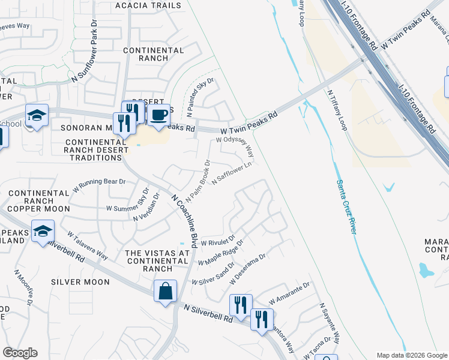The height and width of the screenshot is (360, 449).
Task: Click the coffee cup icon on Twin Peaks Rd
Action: click(158, 114)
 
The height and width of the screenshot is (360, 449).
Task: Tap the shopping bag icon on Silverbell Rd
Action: click(165, 292)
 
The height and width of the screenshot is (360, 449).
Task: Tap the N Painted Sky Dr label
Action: click(200, 96)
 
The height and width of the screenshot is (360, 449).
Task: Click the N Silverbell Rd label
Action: click(208, 314)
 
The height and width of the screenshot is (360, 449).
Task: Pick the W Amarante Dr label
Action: click(289, 293)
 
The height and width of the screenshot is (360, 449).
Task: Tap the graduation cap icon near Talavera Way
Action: click(43, 231)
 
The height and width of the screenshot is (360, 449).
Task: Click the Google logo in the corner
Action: click(20, 353)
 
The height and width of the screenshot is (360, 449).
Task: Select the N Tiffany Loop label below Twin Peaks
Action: click(337, 111)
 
